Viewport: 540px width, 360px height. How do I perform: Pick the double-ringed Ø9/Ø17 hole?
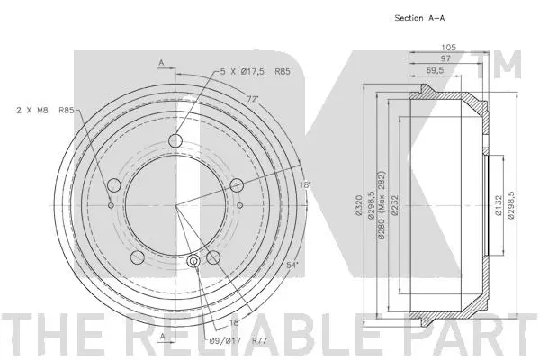(x=196, y=262)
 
